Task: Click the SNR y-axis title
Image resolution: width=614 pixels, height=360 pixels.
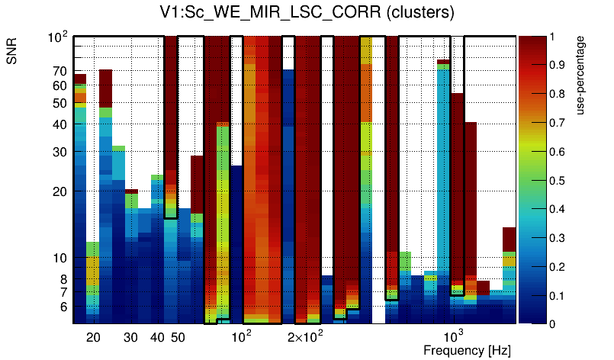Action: click(x=13, y=54)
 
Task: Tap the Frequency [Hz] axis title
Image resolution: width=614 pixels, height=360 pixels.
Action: click(x=467, y=350)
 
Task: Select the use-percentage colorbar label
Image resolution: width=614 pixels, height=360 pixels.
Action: click(x=581, y=81)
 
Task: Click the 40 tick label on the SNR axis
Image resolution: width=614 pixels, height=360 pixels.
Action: click(x=59, y=124)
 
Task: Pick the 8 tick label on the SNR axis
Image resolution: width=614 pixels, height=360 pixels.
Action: click(x=63, y=279)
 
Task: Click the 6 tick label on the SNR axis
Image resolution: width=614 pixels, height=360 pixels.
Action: click(x=63, y=307)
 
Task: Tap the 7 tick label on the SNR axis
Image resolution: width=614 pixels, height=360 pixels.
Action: click(x=63, y=292)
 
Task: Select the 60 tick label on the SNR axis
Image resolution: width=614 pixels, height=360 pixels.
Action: click(x=59, y=85)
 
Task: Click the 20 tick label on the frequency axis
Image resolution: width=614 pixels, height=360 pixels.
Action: click(x=93, y=337)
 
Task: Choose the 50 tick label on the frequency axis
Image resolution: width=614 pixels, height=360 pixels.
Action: click(x=177, y=337)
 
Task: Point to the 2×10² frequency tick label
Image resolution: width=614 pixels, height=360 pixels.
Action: click(x=305, y=336)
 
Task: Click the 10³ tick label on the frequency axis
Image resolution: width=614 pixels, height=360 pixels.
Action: click(x=453, y=336)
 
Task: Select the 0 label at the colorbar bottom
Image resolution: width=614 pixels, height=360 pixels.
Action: click(x=555, y=324)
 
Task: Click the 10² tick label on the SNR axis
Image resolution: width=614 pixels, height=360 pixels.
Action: click(x=58, y=37)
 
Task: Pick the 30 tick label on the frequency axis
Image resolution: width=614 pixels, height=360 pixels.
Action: click(x=130, y=337)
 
